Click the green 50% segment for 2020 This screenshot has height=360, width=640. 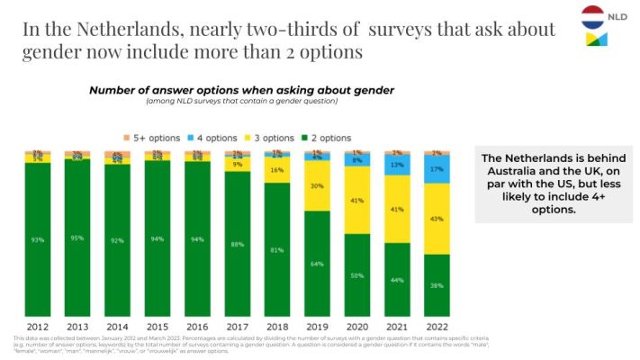point(358,274)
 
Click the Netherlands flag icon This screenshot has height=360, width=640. point(597,15)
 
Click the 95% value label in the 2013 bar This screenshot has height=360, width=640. point(78,238)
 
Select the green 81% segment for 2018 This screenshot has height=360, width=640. point(278,249)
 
